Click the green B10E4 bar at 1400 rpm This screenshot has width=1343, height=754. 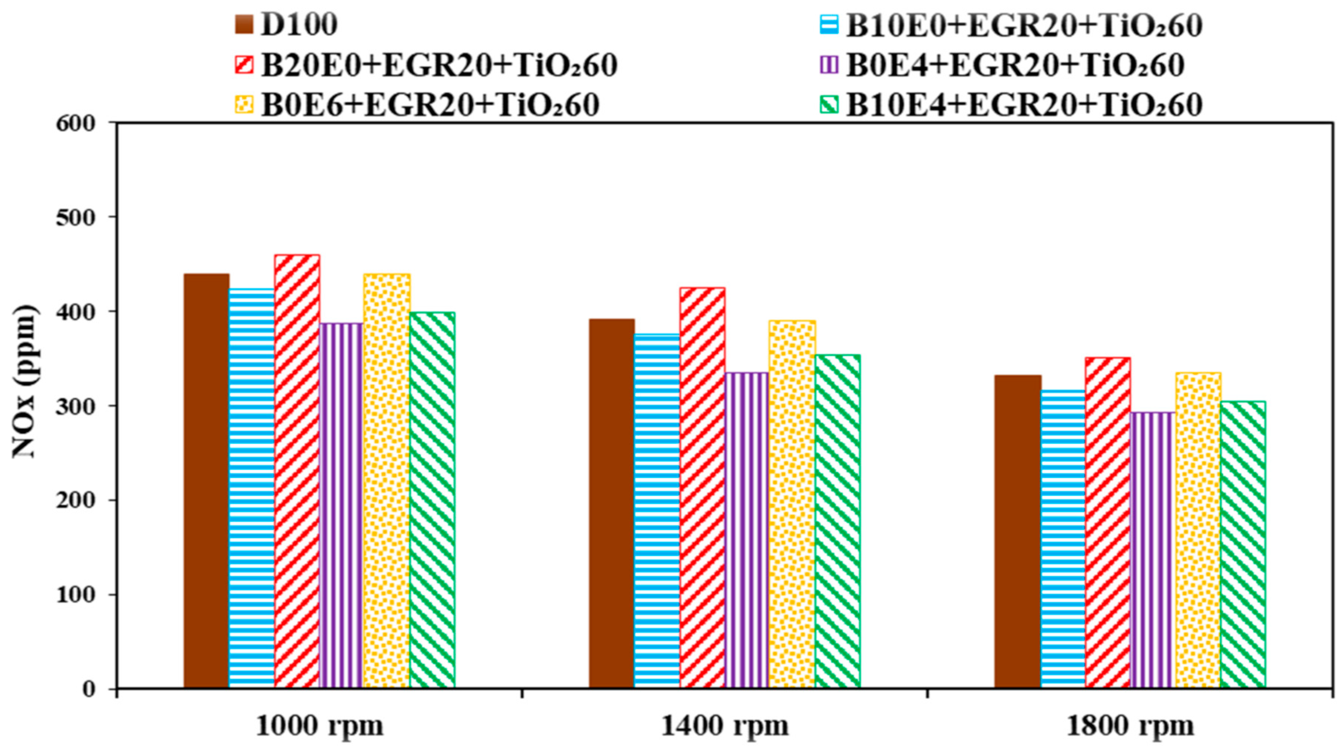tap(837, 521)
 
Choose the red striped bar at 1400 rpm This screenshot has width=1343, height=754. tap(702, 487)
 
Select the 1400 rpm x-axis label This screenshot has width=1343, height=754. tap(725, 725)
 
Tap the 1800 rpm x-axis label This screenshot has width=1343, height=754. tap(1130, 725)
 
